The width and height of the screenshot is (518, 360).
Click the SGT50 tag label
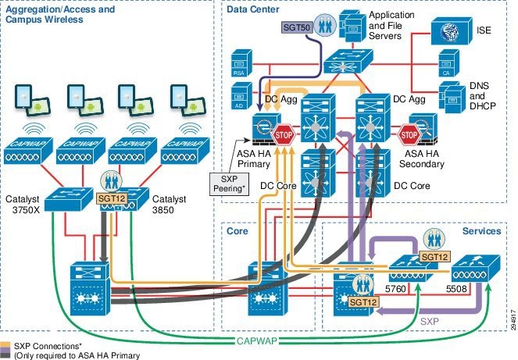pyautogui.click(x=295, y=27)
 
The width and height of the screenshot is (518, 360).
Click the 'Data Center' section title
pyautogui.click(x=254, y=9)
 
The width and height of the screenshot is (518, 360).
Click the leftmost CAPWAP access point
pyautogui.click(x=29, y=149)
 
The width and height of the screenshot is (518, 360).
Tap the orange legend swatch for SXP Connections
pyautogui.click(x=5, y=345)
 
